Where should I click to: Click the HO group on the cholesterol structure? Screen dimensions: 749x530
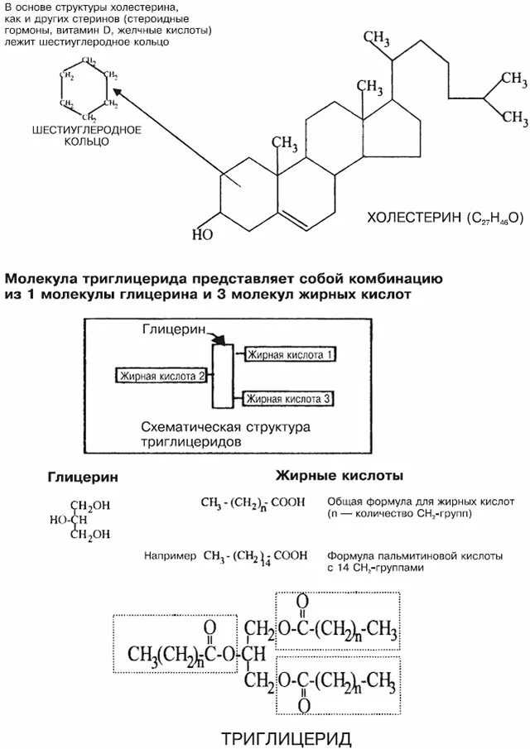pyautogui.click(x=202, y=234)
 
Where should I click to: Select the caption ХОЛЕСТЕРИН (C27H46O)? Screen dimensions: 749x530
pyautogui.click(x=446, y=218)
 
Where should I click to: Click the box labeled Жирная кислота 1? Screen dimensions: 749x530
pyautogui.click(x=291, y=354)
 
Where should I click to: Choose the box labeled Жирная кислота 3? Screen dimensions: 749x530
pyautogui.click(x=289, y=398)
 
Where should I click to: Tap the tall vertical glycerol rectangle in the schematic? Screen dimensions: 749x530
pyautogui.click(x=221, y=376)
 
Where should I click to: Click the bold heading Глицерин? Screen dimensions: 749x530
pyautogui.click(x=82, y=478)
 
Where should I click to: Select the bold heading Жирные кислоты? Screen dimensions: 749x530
pyautogui.click(x=339, y=477)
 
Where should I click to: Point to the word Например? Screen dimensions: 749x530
pyautogui.click(x=169, y=555)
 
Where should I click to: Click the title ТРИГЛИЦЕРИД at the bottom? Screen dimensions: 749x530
pyautogui.click(x=288, y=737)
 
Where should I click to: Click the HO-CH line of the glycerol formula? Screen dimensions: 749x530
pyautogui.click(x=69, y=520)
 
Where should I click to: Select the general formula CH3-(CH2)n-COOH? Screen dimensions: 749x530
pyautogui.click(x=253, y=502)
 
